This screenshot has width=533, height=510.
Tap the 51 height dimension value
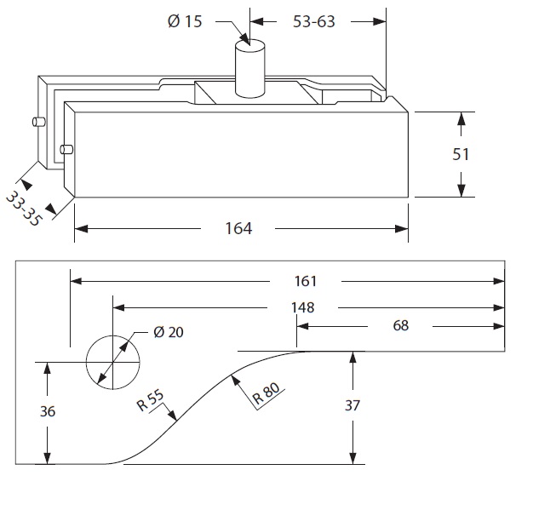(x=461, y=154)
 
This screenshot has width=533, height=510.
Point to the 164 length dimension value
(x=238, y=228)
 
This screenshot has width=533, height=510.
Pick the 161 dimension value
(x=306, y=281)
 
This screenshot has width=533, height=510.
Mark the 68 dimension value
(x=401, y=325)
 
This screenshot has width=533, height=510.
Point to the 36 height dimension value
(x=48, y=411)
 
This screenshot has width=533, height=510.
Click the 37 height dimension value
(x=353, y=406)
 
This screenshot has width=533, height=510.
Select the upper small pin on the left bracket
(x=37, y=123)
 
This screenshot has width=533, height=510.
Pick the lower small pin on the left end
(x=66, y=151)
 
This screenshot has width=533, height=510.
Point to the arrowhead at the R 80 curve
(x=233, y=375)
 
